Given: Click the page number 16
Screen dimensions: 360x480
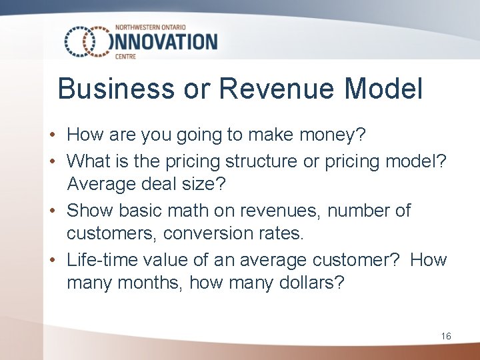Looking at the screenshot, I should coord(446,336).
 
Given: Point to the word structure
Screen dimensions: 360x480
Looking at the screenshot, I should coord(265,161).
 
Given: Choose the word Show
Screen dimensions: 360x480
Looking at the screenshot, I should coord(91,210).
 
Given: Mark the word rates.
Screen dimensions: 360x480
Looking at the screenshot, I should coord(281,235).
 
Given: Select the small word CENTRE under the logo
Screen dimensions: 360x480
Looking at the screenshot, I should coord(125,57).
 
